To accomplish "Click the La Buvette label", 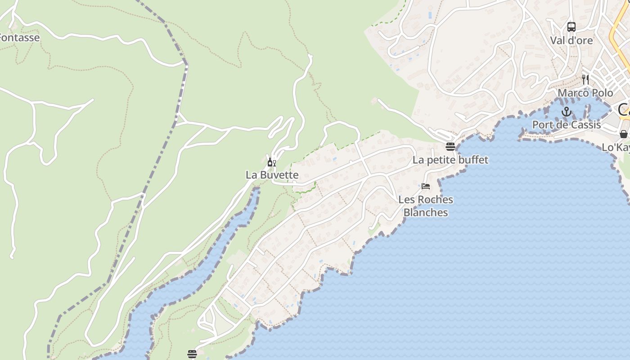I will [272, 175].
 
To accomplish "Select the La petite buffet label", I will [450, 160].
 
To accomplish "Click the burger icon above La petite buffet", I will [450, 146].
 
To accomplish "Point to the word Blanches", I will [426, 212].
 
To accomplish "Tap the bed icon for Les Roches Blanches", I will [426, 186].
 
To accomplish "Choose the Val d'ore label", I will [571, 40].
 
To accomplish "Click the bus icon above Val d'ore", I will [571, 27].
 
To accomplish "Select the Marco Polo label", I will [585, 93].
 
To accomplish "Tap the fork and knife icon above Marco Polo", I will [585, 80].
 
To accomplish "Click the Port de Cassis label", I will [566, 125].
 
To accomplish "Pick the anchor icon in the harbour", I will [566, 112].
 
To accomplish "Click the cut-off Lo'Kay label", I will [616, 148].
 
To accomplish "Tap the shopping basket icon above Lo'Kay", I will [623, 134].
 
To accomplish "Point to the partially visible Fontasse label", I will [20, 38].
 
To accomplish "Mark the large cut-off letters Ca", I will [624, 109].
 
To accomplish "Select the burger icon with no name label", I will [192, 354].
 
